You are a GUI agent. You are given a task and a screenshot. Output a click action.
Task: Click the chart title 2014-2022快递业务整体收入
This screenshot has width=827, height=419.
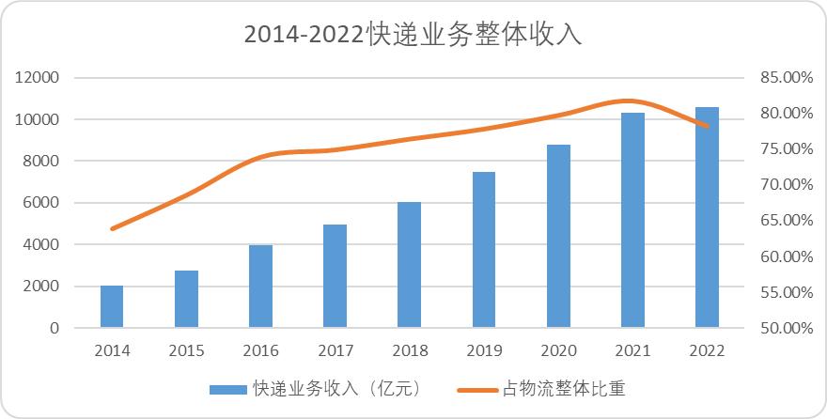[x=413, y=35]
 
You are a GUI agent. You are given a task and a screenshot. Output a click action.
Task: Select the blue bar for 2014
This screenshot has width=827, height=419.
[x=112, y=306]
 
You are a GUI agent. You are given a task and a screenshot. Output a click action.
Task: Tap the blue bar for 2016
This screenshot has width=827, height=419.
[x=260, y=287]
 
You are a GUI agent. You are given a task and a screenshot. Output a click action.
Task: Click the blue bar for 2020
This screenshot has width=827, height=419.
[x=558, y=236]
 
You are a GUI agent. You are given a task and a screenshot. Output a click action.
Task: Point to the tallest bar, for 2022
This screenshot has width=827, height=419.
[x=707, y=217]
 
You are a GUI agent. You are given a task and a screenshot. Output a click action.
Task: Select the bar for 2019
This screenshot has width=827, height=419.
[x=484, y=250]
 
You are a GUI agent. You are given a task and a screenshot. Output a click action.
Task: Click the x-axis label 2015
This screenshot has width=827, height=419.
[x=186, y=351]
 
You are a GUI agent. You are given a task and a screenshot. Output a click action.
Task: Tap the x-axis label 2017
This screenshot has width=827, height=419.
[x=335, y=351]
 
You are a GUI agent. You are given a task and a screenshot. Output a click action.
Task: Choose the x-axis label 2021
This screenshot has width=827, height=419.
[x=632, y=351]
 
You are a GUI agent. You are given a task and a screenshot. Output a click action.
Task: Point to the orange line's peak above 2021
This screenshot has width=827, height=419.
[x=630, y=101]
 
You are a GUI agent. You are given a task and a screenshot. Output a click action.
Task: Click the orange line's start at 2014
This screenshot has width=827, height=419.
[x=113, y=228]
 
